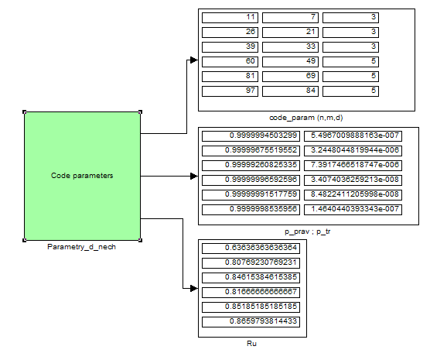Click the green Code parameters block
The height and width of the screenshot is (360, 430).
pyautogui.click(x=82, y=176)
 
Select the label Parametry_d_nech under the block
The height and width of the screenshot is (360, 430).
pyautogui.click(x=81, y=247)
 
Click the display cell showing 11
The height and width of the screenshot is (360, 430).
pyautogui.click(x=230, y=18)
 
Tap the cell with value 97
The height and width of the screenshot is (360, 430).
pyautogui.click(x=230, y=91)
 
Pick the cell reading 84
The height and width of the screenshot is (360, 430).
pyautogui.click(x=290, y=91)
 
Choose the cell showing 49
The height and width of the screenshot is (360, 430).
pyautogui.click(x=290, y=62)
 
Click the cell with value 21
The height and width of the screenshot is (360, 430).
pyautogui.click(x=290, y=33)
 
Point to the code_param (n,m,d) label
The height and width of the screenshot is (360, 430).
pyautogui.click(x=306, y=118)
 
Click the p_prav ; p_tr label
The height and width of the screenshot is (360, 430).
pyautogui.click(x=307, y=231)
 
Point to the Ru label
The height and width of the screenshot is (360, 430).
pyautogui.click(x=251, y=344)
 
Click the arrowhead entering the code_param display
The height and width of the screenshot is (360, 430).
pyautogui.click(x=194, y=60)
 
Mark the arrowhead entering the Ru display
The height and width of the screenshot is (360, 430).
pyautogui.click(x=194, y=288)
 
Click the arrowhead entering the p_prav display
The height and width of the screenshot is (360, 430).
pyautogui.click(x=194, y=176)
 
